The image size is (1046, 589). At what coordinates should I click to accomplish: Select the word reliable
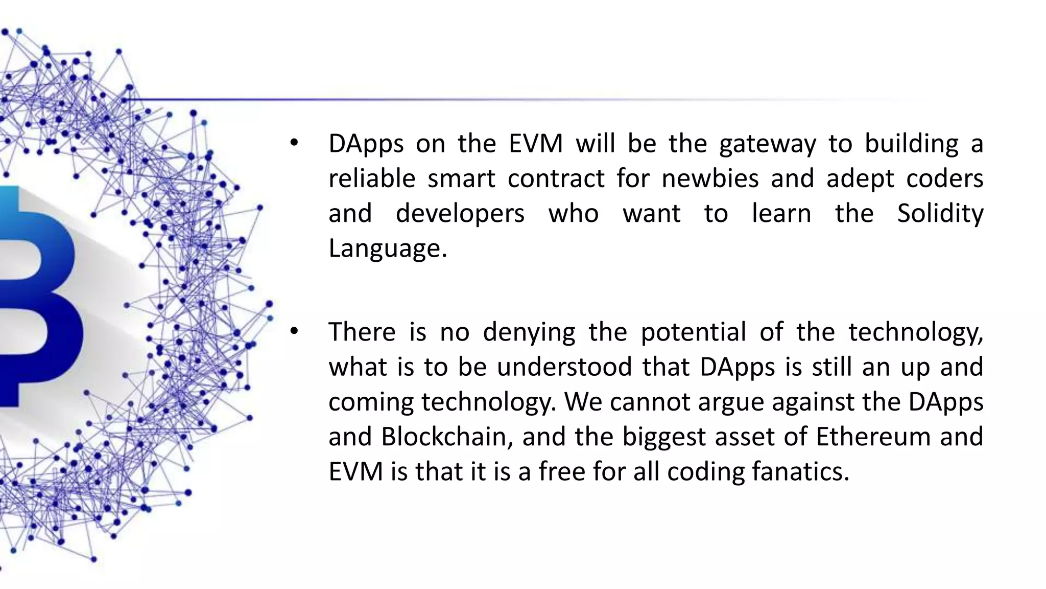click(371, 178)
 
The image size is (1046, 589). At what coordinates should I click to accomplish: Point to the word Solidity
click(940, 214)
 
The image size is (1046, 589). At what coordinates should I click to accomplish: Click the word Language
click(387, 249)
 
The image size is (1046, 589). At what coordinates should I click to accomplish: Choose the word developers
click(460, 214)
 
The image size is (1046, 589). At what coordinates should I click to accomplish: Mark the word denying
click(529, 333)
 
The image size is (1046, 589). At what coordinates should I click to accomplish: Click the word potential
click(694, 333)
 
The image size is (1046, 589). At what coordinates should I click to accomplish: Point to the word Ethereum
click(871, 437)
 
